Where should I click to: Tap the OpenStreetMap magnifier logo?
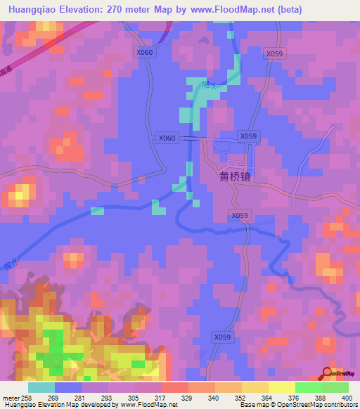(326, 372)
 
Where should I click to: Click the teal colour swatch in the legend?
(41, 387)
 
